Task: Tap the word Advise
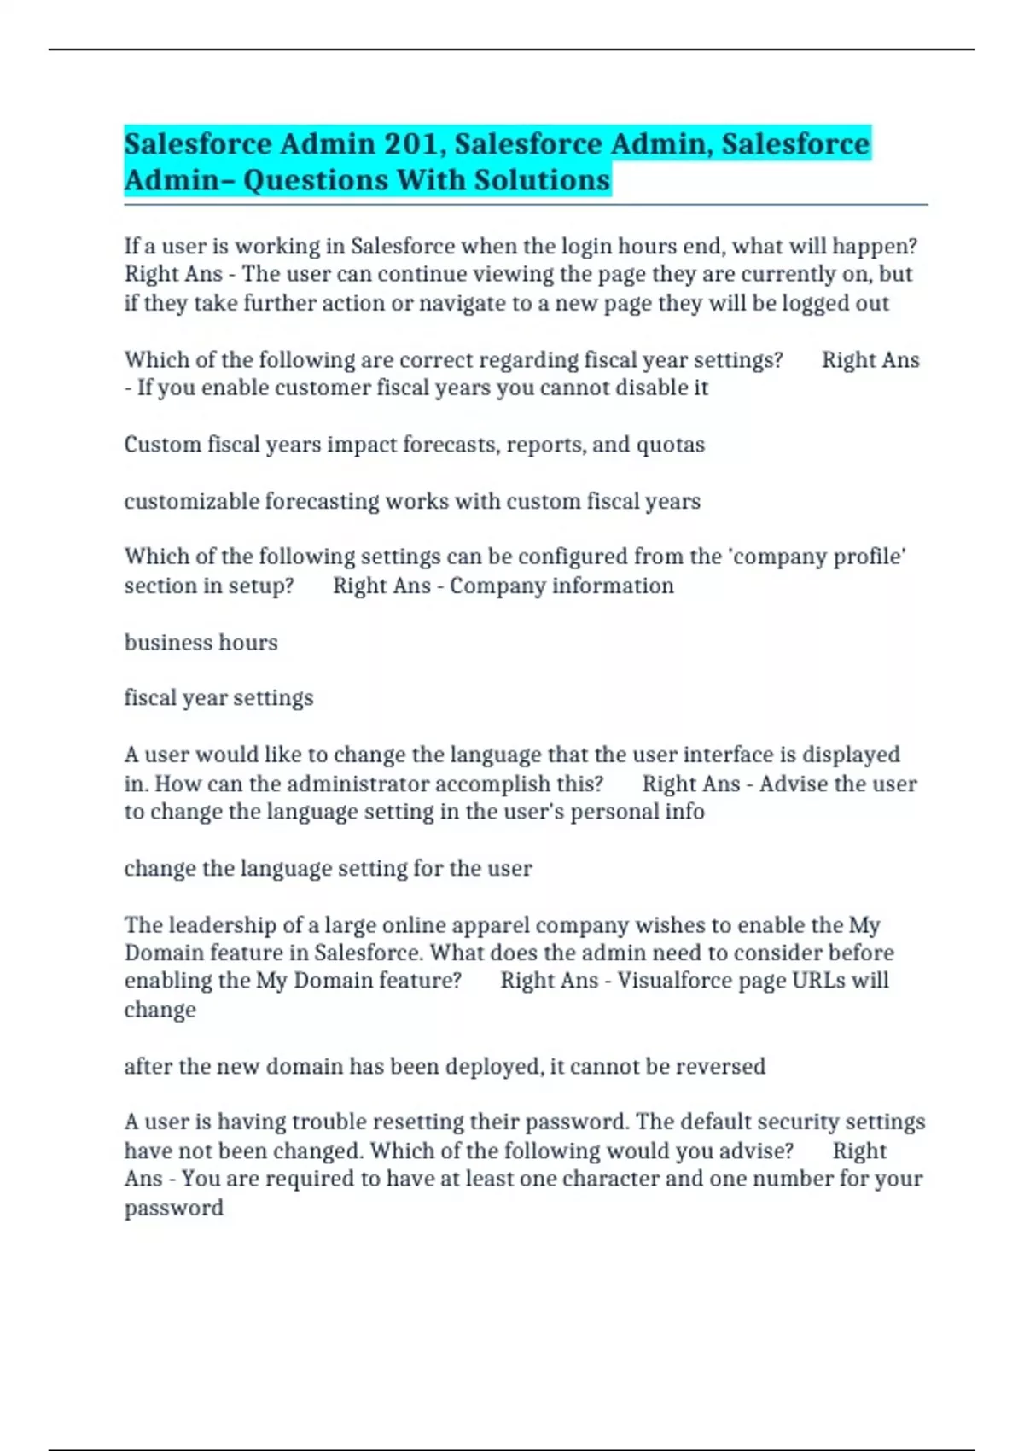point(794,784)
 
